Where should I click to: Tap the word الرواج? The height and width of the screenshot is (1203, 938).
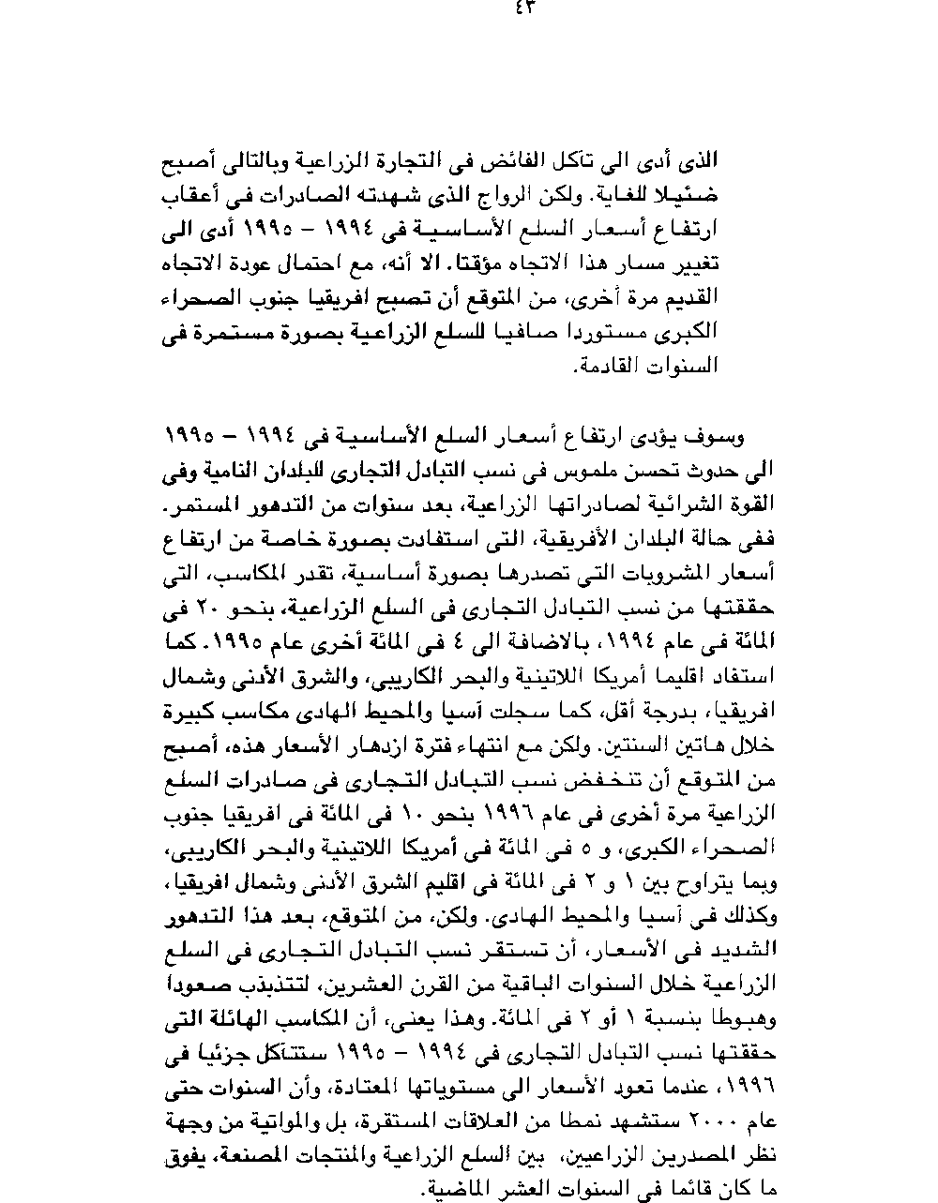[511, 196]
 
